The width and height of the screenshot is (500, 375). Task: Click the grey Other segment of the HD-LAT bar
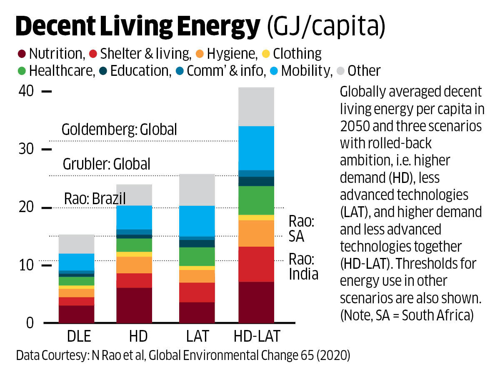256,107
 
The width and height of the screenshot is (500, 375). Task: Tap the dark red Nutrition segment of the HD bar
134,305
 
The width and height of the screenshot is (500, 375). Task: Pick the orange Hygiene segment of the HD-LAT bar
256,233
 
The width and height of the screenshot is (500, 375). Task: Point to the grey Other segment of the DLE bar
76,244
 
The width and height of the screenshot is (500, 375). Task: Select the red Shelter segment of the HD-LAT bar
256,264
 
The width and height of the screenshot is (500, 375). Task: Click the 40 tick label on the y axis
25,91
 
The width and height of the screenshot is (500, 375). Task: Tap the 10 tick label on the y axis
25,265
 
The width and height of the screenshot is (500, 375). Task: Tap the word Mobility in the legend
305,71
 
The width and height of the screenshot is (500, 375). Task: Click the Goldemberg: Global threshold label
119,130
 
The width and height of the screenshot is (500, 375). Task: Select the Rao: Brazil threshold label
95,198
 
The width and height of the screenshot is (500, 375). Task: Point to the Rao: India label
303,267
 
